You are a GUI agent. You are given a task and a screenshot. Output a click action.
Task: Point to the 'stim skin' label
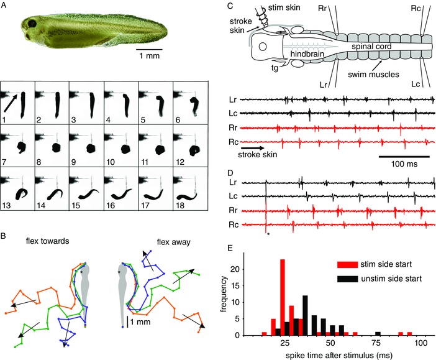coord(275,6)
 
